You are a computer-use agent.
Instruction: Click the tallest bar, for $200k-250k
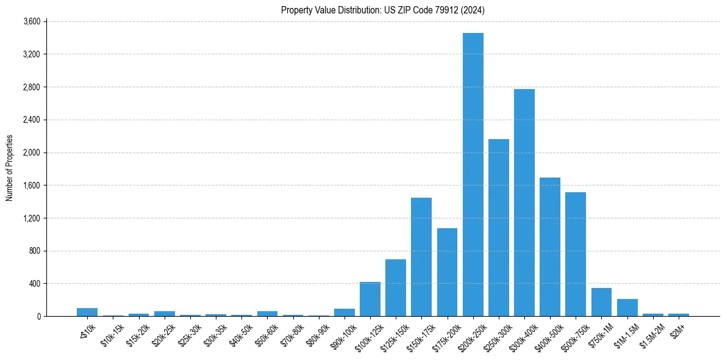coord(473,175)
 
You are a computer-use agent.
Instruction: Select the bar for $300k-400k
coord(524,203)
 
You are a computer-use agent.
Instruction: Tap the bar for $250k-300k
coord(498,228)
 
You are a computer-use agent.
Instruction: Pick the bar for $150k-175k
coord(421,257)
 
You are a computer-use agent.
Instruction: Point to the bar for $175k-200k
coord(447,272)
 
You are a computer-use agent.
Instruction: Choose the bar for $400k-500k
coord(550,247)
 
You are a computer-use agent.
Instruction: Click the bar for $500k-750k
coord(576,254)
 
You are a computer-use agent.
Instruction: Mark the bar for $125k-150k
coord(396,287)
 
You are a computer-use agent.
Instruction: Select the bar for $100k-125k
coord(370,299)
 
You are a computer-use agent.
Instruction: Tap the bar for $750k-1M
coord(601,302)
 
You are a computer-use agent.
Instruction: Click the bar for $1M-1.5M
coord(627,308)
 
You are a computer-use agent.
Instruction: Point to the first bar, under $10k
coord(87,312)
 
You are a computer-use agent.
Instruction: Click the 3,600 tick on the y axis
coord(32,21)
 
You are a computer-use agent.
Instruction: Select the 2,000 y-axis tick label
coord(32,153)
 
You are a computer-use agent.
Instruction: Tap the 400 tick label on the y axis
coord(35,284)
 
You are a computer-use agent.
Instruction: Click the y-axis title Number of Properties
coord(9,168)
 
